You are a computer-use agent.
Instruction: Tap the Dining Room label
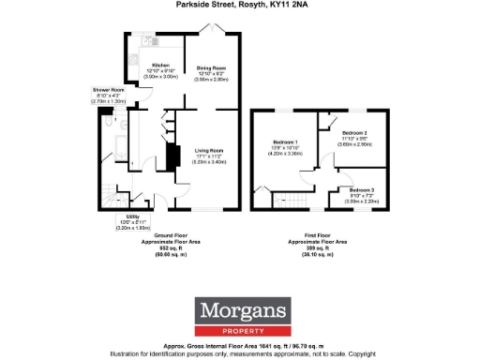[211, 68]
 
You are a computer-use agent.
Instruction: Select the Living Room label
[208, 150]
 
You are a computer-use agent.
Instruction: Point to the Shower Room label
[108, 89]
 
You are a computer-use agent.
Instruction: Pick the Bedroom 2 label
[353, 132]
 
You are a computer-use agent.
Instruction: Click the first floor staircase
[289, 201]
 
